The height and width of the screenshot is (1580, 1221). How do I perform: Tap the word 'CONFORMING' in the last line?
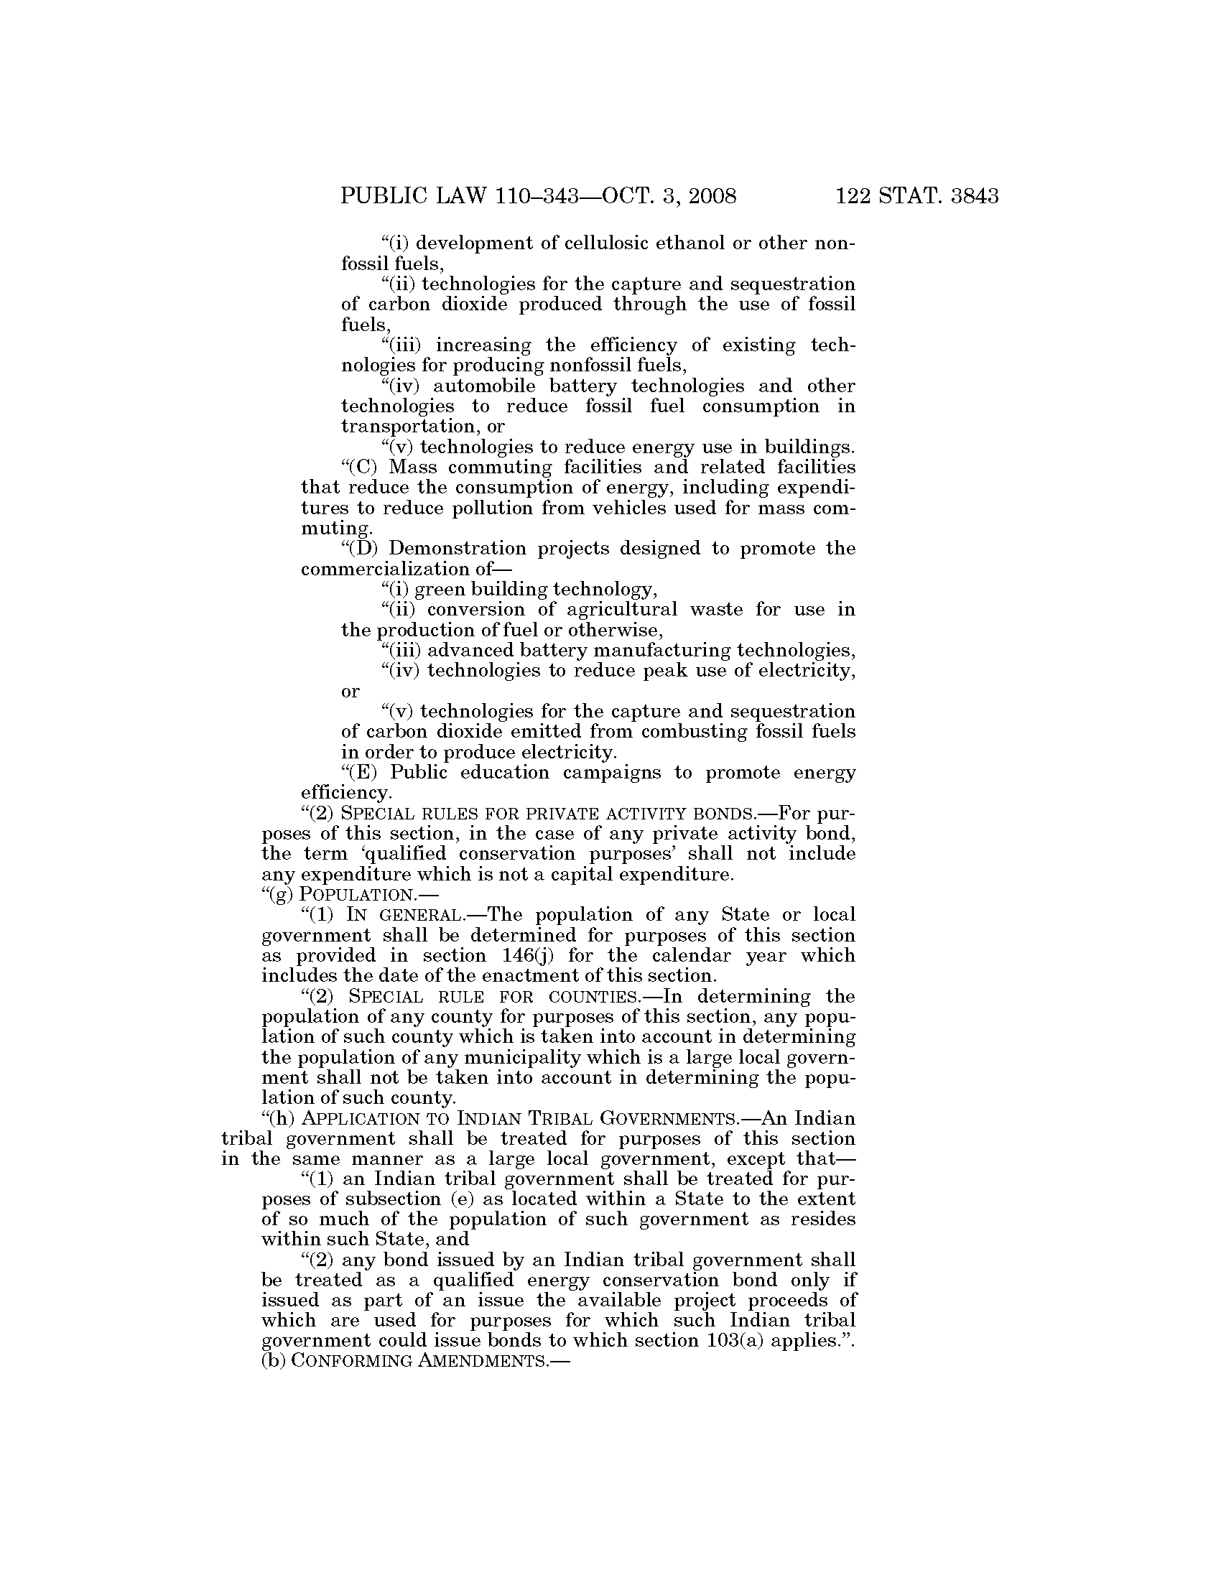pos(353,1361)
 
